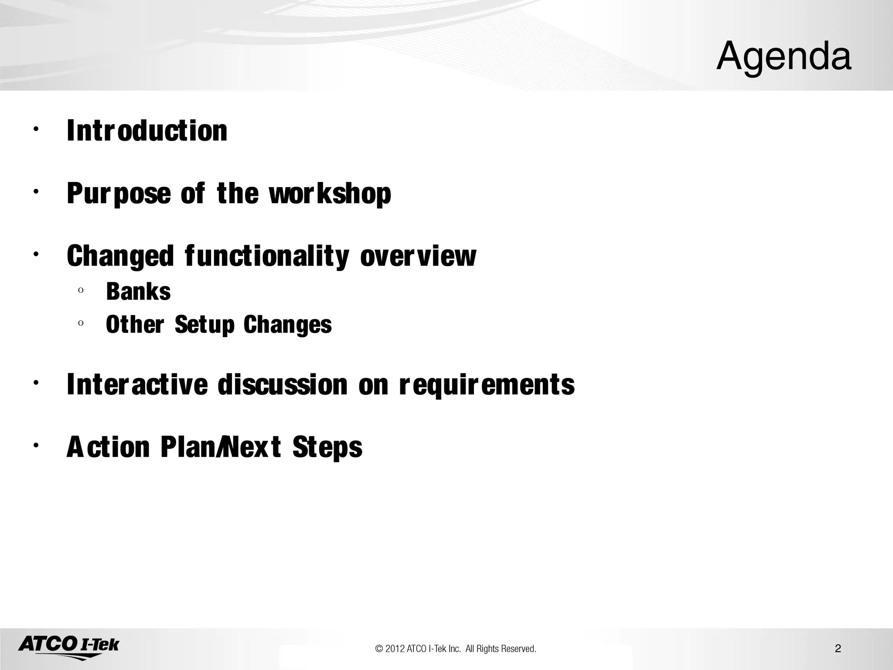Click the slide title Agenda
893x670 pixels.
tap(784, 57)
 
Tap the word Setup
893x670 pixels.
tap(205, 325)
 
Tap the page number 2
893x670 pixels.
tap(838, 649)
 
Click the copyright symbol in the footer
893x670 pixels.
tap(379, 649)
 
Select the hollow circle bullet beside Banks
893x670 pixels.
tap(81, 291)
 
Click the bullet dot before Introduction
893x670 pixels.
tap(35, 129)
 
